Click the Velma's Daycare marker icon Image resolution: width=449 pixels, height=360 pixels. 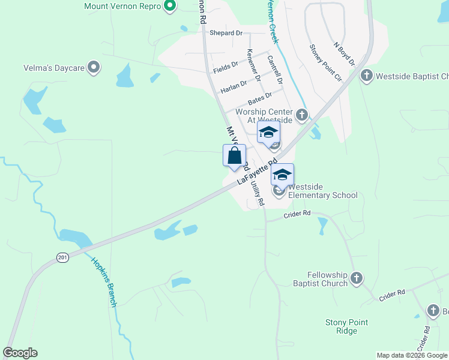point(94,67)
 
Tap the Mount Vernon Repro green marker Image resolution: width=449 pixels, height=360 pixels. point(169,6)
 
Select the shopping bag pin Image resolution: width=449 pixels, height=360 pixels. point(234,157)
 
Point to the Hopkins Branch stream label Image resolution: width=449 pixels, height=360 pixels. point(104,282)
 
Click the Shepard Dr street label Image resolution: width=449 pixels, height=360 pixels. point(226,34)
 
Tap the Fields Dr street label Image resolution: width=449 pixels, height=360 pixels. point(226,68)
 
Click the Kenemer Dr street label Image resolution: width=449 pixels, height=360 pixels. point(254,65)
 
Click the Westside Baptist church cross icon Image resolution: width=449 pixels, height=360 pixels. point(367,76)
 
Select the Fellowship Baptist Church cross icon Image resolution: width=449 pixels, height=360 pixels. point(357,278)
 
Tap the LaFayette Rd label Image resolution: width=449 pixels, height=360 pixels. point(257,172)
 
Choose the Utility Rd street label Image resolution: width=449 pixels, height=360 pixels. point(257,193)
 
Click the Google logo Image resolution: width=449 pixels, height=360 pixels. point(20,353)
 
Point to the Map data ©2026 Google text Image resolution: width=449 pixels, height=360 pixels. point(411,355)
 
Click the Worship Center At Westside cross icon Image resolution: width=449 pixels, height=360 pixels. point(302,114)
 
